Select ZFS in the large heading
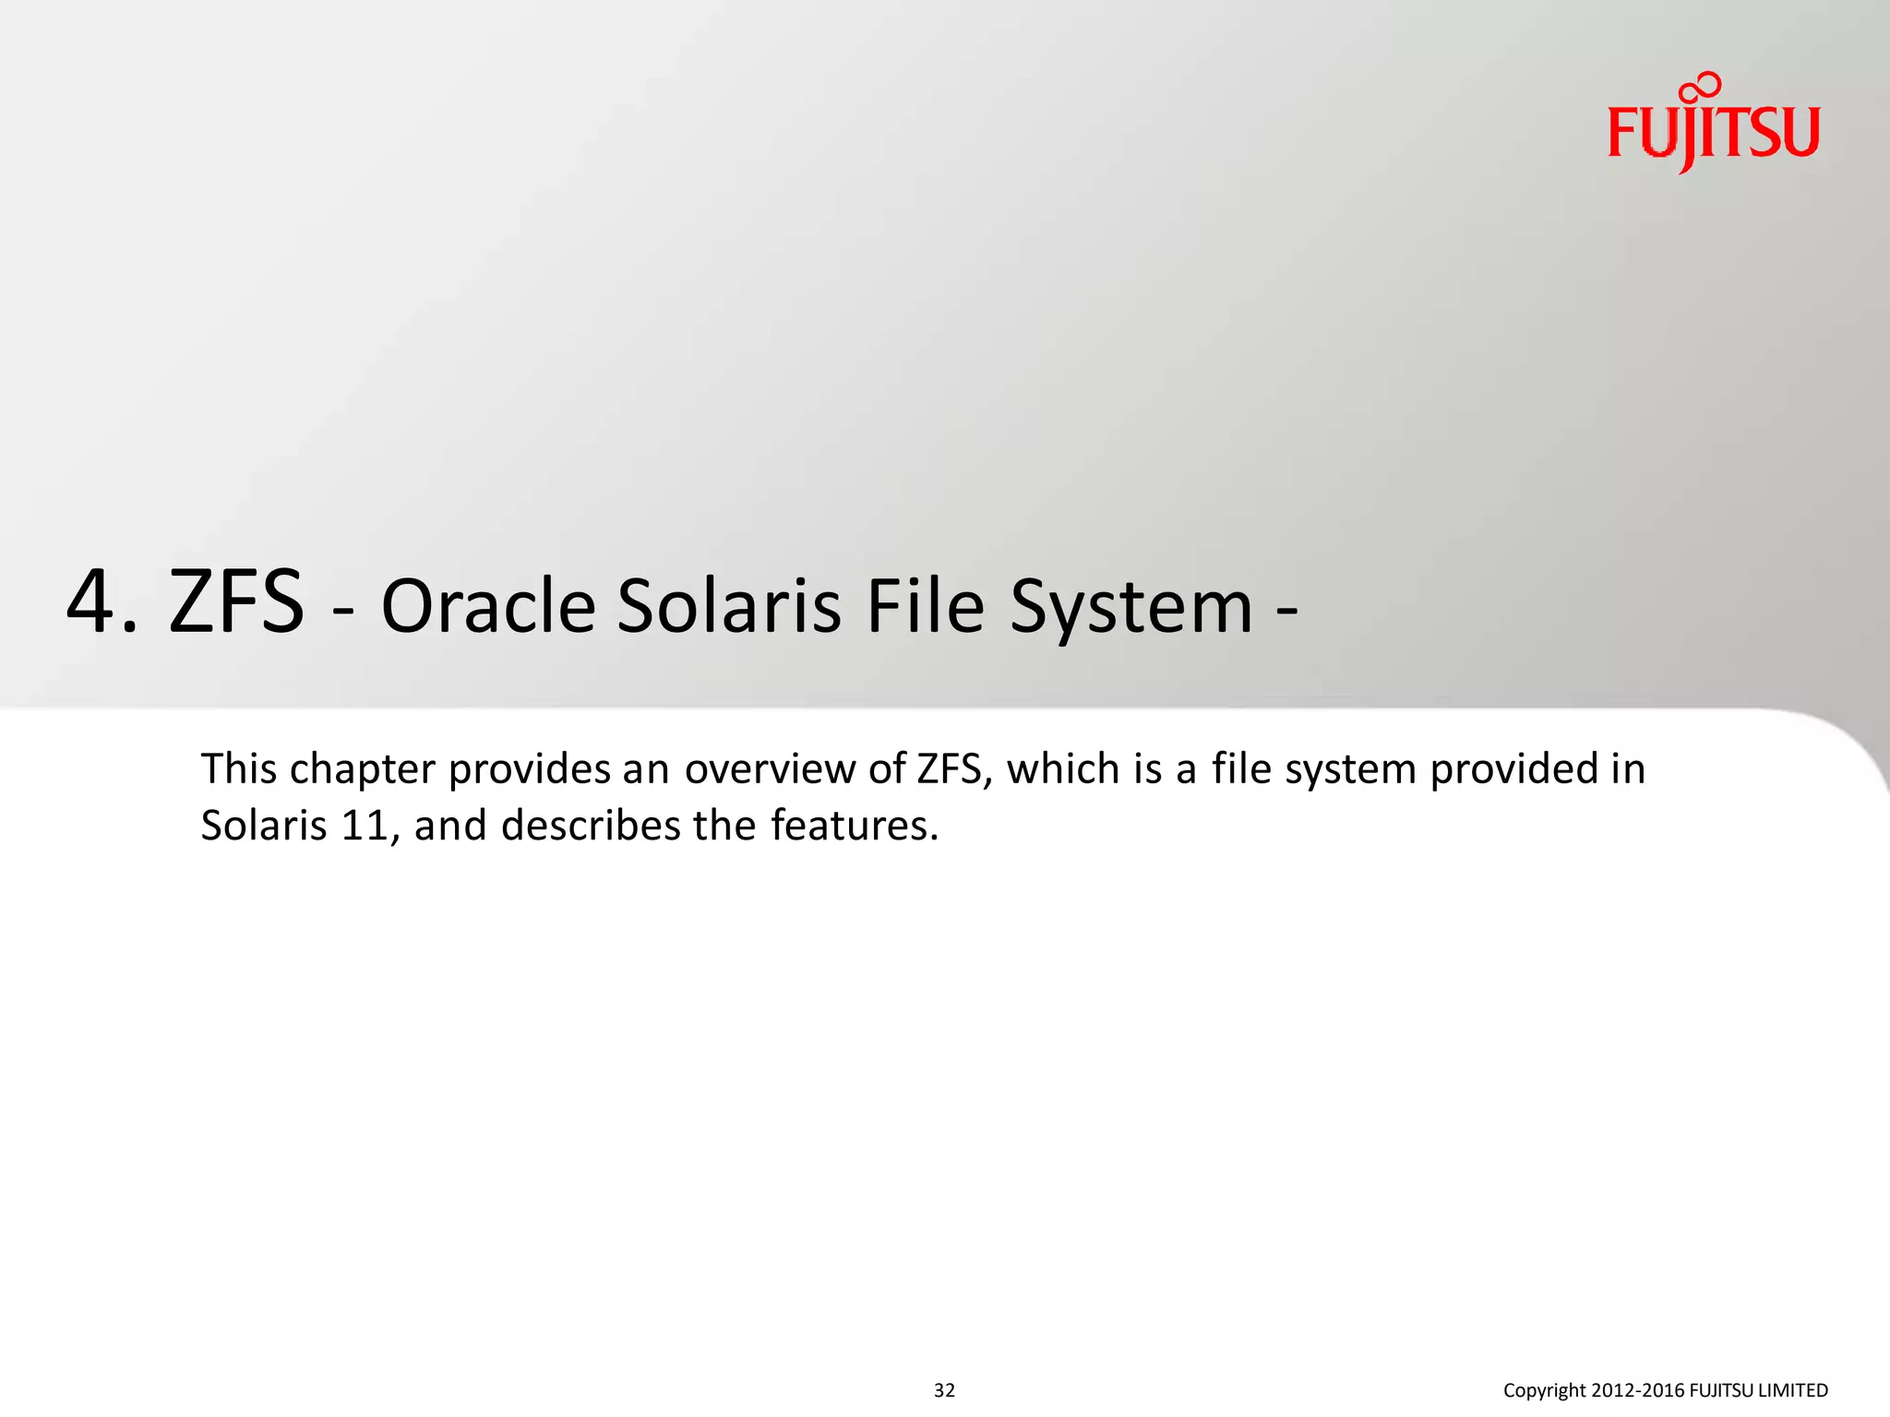point(236,602)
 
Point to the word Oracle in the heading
point(488,607)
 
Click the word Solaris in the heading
point(729,607)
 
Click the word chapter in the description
point(362,770)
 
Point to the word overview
point(770,768)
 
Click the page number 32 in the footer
point(944,1390)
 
